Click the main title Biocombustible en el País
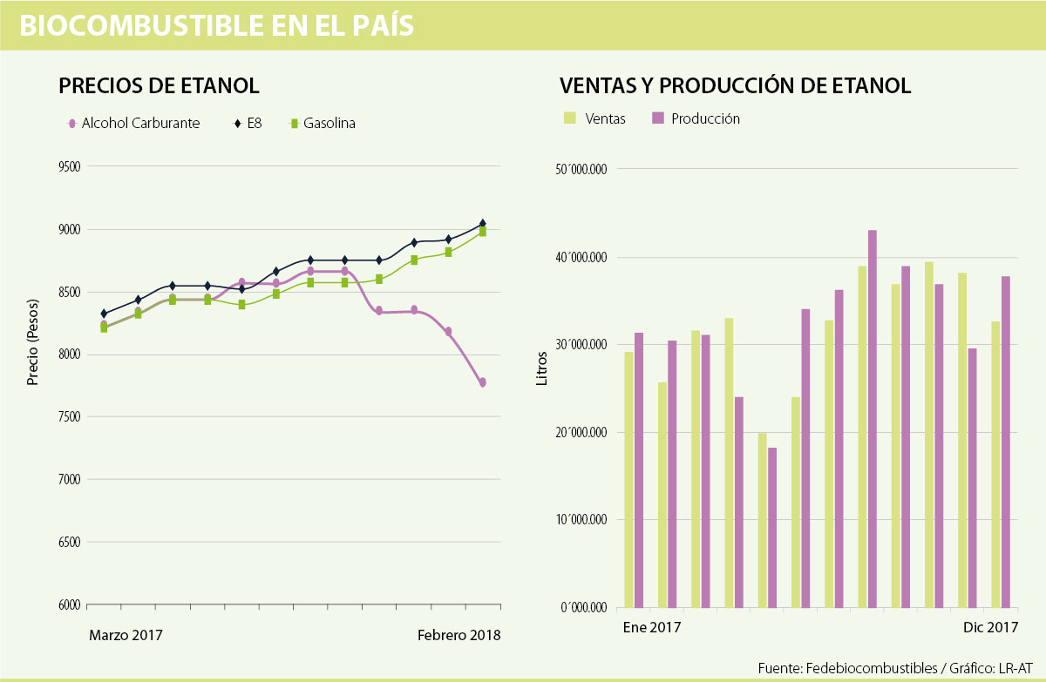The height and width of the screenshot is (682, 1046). (x=216, y=26)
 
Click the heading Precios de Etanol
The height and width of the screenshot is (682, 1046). (x=159, y=86)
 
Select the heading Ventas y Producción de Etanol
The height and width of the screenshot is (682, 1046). (x=735, y=86)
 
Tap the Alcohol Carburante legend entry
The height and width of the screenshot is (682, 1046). (x=139, y=124)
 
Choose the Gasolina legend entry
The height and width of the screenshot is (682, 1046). (x=329, y=124)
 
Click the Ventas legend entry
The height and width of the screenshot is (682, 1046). (x=605, y=118)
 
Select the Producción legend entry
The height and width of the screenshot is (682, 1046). (x=705, y=118)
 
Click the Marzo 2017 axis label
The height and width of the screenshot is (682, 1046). (x=126, y=635)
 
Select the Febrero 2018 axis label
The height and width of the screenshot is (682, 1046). (x=458, y=635)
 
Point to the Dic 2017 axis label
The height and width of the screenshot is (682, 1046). (x=990, y=627)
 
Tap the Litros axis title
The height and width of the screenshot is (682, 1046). (x=542, y=368)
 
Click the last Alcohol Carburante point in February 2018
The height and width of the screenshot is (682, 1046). (x=482, y=382)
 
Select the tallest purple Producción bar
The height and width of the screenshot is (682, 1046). (x=873, y=418)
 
